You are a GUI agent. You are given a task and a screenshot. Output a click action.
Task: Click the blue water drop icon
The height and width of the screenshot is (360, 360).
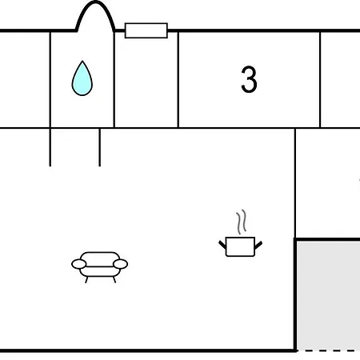click(82, 79)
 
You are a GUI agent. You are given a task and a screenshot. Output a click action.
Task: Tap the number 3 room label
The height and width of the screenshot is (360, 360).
click(249, 79)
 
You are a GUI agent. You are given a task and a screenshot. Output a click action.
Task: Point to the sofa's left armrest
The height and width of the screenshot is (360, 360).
click(79, 264)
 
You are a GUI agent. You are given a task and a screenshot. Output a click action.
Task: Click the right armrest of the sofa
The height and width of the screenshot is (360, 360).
click(120, 264)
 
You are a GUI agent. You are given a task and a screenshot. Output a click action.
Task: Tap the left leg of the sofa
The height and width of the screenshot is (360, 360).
click(86, 280)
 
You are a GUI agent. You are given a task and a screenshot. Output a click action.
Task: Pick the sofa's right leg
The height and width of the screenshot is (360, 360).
click(114, 280)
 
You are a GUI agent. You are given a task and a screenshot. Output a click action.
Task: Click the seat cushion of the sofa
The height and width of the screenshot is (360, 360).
click(100, 271)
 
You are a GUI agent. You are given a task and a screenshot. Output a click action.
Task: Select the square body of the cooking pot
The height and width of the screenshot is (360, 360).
click(240, 246)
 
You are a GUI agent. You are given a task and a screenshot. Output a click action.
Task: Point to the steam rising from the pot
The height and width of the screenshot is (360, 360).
click(241, 222)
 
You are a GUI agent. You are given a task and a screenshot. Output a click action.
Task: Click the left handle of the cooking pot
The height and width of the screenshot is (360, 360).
click(222, 245)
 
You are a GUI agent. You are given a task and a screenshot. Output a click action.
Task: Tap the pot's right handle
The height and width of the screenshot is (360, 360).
click(258, 245)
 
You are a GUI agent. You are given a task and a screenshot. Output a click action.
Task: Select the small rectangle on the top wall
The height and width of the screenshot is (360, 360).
click(146, 30)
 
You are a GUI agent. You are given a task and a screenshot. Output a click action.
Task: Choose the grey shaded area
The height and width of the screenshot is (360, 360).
click(329, 294)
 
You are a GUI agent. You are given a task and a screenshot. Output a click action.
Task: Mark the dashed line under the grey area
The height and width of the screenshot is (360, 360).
click(329, 350)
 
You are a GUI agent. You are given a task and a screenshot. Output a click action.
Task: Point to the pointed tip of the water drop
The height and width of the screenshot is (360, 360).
click(82, 61)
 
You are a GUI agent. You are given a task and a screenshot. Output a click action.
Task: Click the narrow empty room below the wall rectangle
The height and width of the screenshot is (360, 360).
click(146, 82)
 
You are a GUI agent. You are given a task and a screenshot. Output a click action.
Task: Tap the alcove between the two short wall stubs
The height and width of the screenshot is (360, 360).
click(75, 147)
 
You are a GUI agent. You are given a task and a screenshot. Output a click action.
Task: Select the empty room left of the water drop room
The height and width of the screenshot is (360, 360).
click(25, 79)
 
